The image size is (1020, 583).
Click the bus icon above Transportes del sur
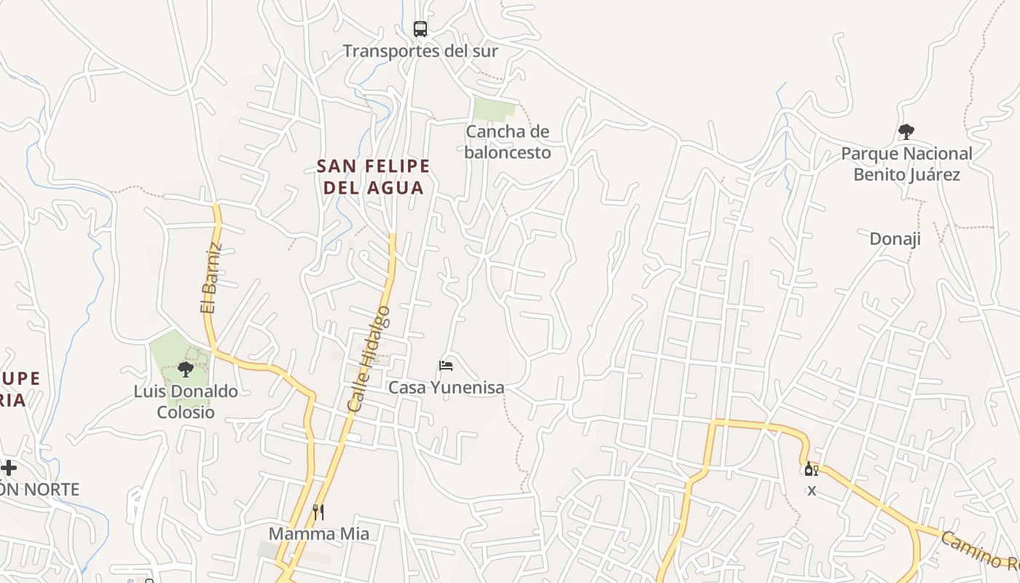point(420,29)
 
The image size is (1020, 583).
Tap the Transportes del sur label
point(420,51)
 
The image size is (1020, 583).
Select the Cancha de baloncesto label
point(507,142)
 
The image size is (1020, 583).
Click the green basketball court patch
point(494,109)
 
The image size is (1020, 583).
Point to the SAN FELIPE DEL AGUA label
point(373,177)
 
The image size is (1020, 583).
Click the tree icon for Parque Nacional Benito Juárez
point(906,132)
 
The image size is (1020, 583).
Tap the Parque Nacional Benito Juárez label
point(906,164)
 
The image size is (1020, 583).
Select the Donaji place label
point(895,238)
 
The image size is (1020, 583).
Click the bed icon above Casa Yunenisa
point(446,365)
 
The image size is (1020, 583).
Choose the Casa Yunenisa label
point(446,387)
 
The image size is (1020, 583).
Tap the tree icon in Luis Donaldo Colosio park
point(186,369)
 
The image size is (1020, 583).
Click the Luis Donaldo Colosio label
point(186,402)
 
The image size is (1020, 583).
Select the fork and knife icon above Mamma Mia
point(318,512)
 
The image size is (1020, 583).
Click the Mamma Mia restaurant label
point(319,533)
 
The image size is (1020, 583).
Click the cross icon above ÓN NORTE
point(9,468)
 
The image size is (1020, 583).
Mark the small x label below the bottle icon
point(812,490)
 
